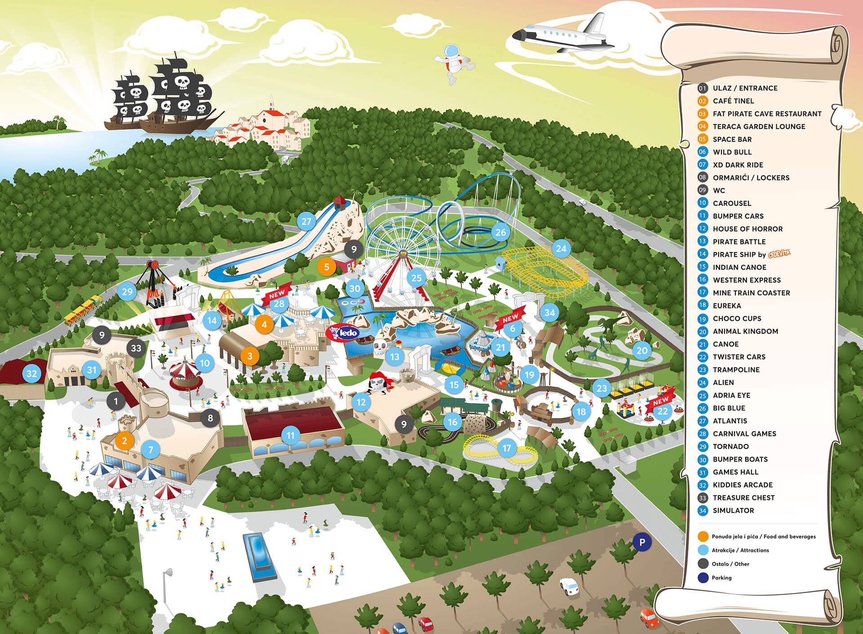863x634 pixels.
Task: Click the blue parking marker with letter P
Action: click(642, 542)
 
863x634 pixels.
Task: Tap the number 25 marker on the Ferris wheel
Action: click(417, 278)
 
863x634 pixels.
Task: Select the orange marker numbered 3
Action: click(250, 356)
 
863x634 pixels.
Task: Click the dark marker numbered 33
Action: click(136, 348)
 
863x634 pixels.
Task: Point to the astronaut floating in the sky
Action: click(454, 63)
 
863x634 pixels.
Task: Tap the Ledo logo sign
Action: click(343, 333)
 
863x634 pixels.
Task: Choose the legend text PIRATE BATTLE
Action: click(739, 241)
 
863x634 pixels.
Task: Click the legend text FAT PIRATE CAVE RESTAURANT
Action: click(767, 114)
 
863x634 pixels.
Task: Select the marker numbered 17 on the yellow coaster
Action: click(507, 448)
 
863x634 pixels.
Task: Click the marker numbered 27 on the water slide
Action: click(306, 221)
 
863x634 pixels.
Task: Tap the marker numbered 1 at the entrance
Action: click(116, 401)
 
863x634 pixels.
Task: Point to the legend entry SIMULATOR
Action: click(733, 510)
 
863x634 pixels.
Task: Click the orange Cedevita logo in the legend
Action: click(779, 254)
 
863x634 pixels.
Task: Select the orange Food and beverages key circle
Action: click(703, 536)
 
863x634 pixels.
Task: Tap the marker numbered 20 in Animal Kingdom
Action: click(642, 350)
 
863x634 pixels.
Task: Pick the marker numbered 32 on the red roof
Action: click(31, 373)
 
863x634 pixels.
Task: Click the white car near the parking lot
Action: click(569, 586)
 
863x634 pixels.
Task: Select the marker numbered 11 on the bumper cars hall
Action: click(290, 435)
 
